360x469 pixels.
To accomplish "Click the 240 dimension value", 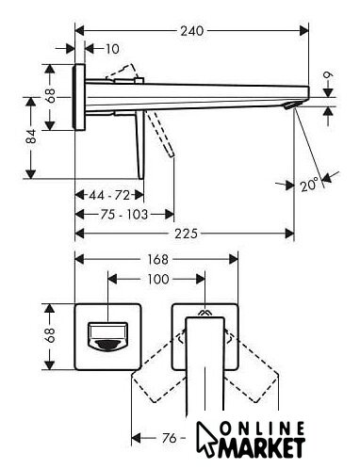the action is [x=191, y=31].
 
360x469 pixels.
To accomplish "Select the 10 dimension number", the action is [x=112, y=49].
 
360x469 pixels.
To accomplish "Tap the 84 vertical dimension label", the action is [x=31, y=137].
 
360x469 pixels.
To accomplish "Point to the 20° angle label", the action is [x=309, y=186].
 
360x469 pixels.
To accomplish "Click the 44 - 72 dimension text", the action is [x=109, y=195].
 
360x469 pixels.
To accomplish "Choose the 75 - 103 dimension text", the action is [x=124, y=215].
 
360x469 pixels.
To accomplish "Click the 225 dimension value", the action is [x=186, y=234].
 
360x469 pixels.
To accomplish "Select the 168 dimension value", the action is [x=158, y=260].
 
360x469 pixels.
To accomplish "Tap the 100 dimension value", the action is [x=158, y=279].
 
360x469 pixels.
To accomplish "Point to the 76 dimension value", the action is [x=169, y=438].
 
